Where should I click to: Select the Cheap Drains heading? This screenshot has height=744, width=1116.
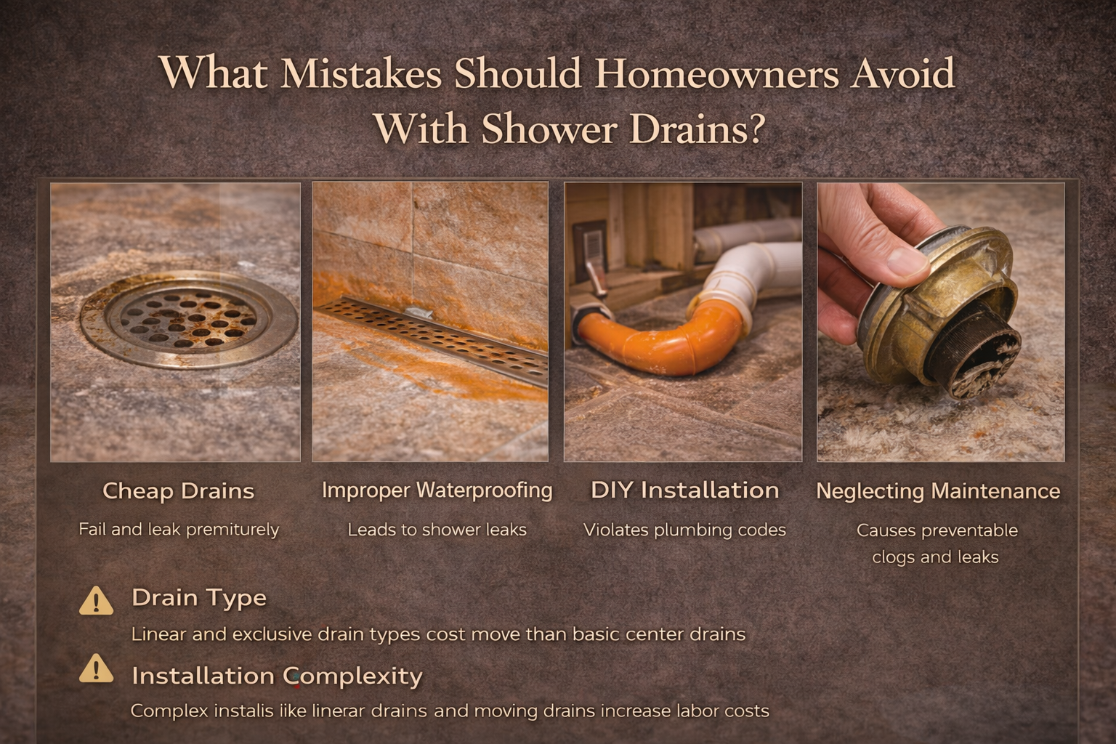tap(178, 491)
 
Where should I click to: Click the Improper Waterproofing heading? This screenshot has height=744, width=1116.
tap(437, 490)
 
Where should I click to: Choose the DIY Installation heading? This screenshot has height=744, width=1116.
tap(684, 490)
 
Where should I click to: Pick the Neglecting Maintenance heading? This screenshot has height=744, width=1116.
tap(937, 491)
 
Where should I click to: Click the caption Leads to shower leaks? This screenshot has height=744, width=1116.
tap(437, 530)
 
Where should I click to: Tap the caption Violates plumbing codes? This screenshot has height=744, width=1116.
tap(684, 530)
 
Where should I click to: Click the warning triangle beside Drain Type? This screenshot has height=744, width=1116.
tap(96, 601)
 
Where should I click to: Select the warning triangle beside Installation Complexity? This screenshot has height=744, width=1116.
tap(96, 669)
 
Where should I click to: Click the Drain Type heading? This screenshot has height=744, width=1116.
tap(199, 598)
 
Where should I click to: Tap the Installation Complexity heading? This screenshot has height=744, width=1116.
tap(277, 676)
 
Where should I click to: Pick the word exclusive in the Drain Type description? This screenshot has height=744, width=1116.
tap(272, 634)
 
